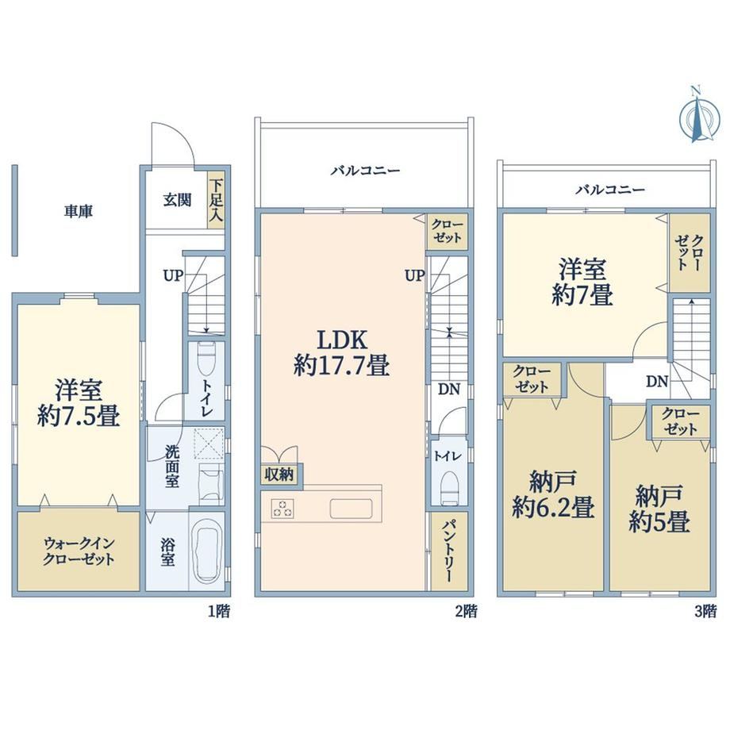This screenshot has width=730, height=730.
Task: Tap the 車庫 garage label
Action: (79, 212)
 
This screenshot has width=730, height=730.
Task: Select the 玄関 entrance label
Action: (177, 200)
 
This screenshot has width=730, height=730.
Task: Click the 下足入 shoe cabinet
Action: (216, 201)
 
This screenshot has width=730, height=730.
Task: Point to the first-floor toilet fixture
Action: (206, 359)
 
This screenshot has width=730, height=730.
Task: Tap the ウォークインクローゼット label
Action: (79, 551)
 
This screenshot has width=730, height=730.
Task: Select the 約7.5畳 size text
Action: (79, 416)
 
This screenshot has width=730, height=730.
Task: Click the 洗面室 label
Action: (172, 467)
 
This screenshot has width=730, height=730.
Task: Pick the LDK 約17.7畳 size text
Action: (341, 364)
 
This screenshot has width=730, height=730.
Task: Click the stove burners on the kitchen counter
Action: (283, 508)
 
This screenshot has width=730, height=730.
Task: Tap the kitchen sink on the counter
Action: (352, 509)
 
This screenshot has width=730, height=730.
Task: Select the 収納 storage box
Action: (279, 474)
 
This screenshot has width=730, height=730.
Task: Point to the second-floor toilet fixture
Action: (449, 488)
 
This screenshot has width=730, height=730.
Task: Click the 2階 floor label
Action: (466, 611)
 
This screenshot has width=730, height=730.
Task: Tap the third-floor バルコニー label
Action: (610, 190)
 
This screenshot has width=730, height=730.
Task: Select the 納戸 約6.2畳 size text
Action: (553, 508)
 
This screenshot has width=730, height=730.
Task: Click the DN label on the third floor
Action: (657, 382)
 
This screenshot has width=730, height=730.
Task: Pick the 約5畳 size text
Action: (659, 521)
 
